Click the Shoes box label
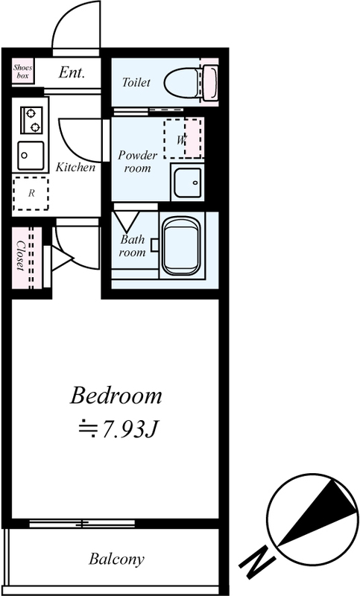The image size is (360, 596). point(23,72)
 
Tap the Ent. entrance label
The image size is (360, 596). point(72,72)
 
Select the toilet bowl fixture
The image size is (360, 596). point(192,82)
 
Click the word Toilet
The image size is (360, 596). point(136,82)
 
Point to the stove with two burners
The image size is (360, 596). point(32,120)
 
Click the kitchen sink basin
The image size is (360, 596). point(31,156)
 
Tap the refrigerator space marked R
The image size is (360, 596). point(31,193)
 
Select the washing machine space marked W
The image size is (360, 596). point(183,139)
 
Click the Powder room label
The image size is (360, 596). point(137,162)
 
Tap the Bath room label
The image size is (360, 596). point(132,246)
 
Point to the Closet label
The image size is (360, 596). point(20,256)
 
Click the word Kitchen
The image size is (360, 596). point(75,167)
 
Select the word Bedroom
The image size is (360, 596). point(116,396)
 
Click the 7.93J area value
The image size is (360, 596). point(119,429)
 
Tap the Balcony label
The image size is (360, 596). point(117,559)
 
